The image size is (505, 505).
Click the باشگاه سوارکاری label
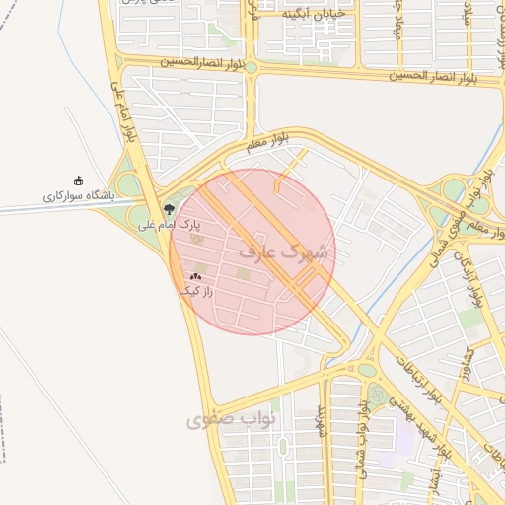(x=78, y=196)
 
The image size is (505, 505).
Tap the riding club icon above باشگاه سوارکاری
(x=79, y=179)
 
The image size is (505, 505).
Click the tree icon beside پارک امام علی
(x=169, y=209)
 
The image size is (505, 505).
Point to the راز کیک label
(x=195, y=291)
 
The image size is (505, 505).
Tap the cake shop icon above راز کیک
(x=195, y=277)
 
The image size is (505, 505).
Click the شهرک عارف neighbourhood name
(x=286, y=252)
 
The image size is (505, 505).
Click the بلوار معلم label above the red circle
(x=268, y=143)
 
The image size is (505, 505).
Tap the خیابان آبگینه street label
(x=314, y=14)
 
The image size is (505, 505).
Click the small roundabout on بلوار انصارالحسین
(x=251, y=67)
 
